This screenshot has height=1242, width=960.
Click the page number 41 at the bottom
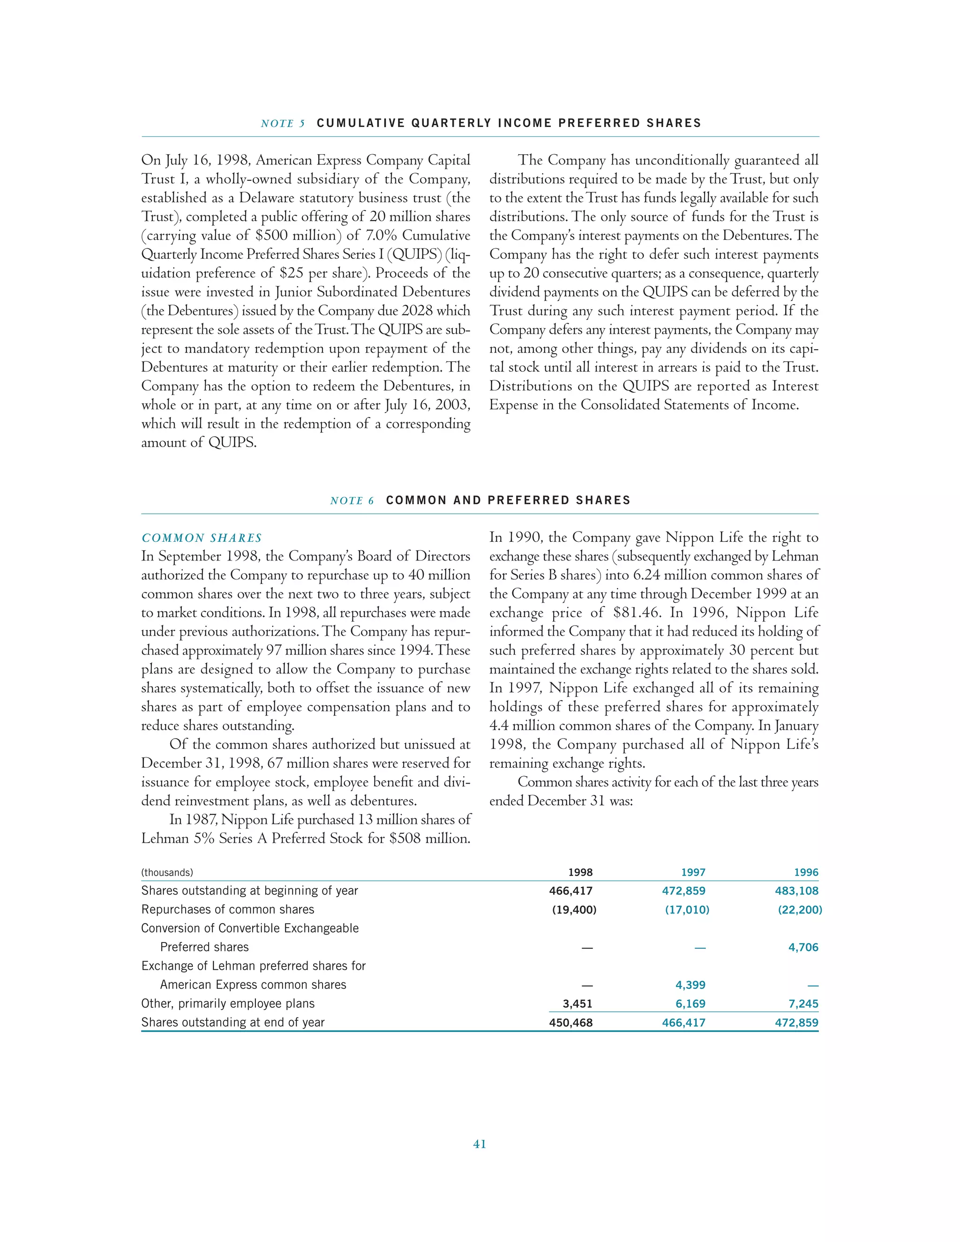(480, 1144)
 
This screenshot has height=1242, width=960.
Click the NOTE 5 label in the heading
(283, 123)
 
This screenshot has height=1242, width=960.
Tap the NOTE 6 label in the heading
(352, 501)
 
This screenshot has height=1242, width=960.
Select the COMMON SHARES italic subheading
(202, 538)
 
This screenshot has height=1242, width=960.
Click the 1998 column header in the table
(580, 872)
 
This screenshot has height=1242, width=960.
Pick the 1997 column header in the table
(693, 872)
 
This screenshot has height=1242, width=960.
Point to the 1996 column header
(806, 872)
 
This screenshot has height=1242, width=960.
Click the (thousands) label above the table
(167, 872)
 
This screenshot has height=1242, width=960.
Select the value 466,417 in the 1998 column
(570, 891)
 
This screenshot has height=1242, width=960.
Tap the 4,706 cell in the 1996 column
(803, 947)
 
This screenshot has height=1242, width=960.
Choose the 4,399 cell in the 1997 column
(690, 985)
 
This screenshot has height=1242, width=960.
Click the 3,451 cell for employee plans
(577, 1004)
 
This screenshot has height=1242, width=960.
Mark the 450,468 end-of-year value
(570, 1023)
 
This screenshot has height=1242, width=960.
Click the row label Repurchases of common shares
(227, 910)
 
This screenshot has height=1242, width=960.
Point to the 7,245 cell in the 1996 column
(803, 1004)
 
